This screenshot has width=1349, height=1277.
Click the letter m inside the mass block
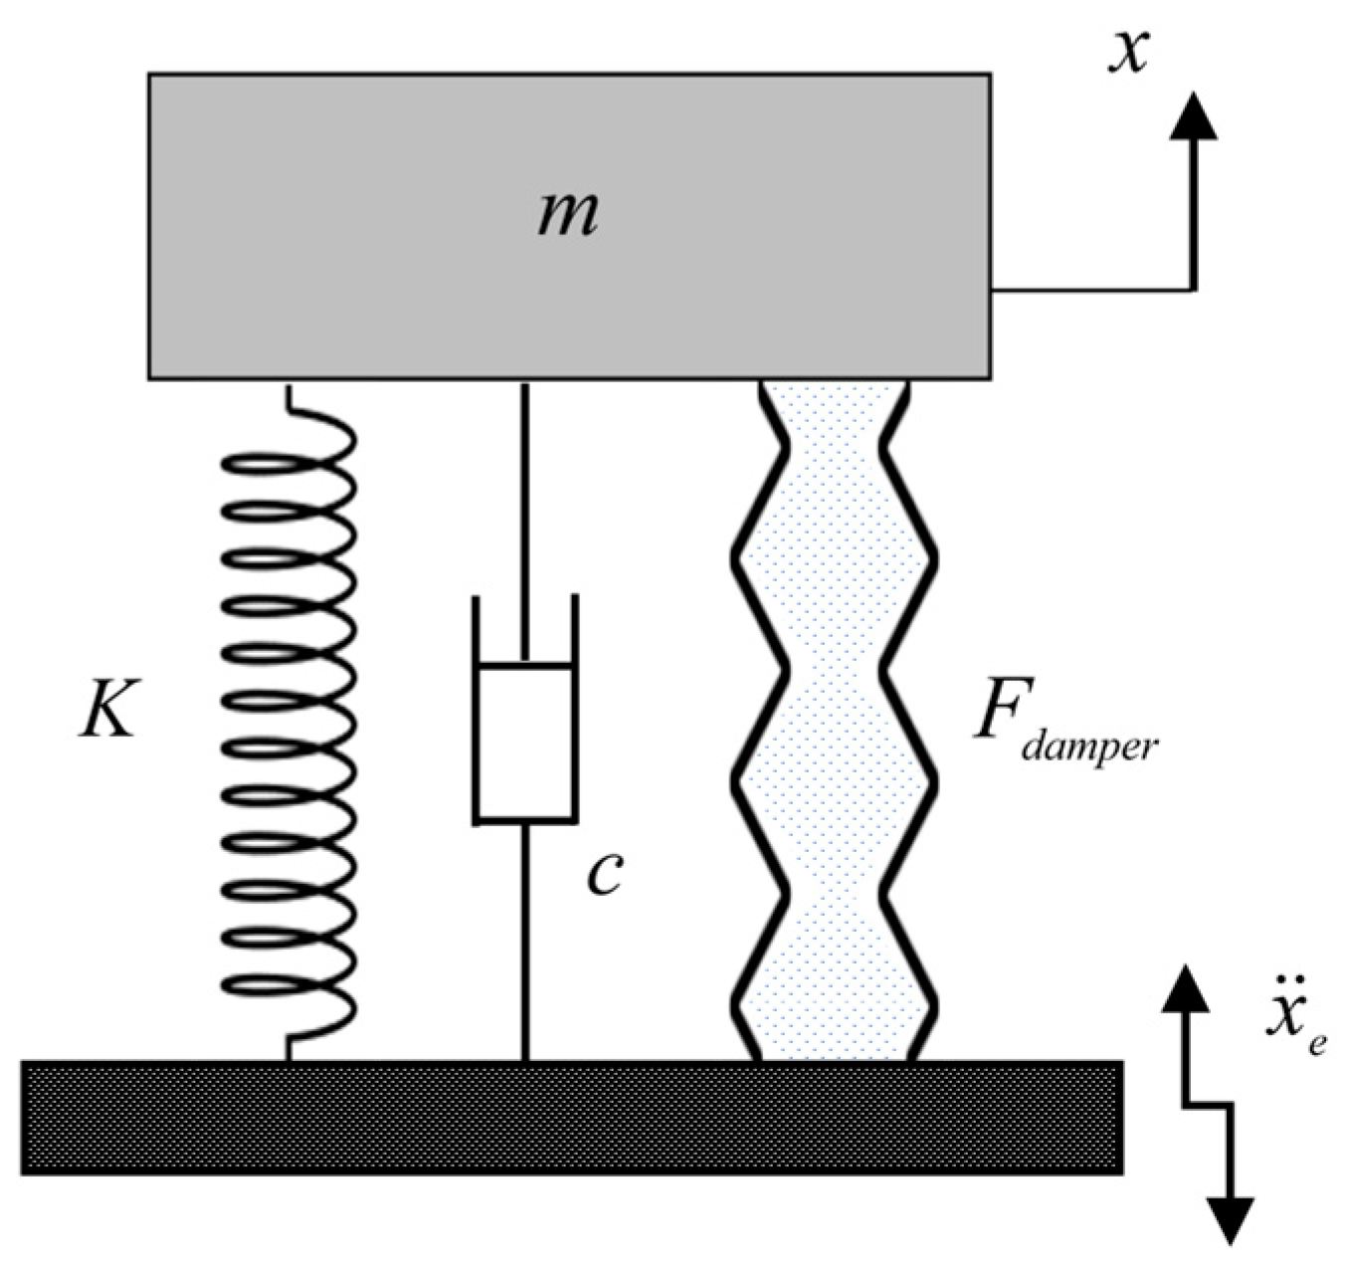tap(568, 214)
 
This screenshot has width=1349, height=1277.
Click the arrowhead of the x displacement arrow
tap(1193, 113)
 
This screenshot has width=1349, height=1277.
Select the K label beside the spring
tap(107, 709)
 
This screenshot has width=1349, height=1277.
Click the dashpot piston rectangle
tap(525, 742)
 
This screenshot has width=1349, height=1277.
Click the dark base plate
tap(572, 1117)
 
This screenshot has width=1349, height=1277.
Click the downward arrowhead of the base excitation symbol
tap(1231, 1220)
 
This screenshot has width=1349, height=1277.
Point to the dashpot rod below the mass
tap(525, 488)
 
